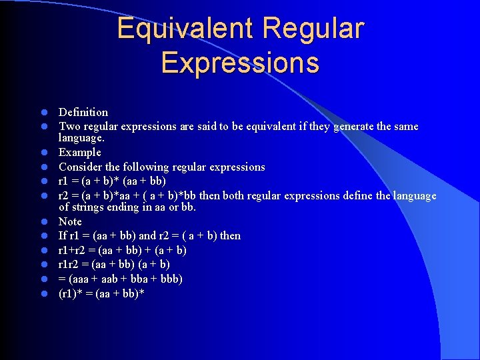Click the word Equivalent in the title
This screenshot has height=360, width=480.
185,29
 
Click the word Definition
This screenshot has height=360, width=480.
83,112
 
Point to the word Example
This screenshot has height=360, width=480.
79,152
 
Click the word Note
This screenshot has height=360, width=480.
70,221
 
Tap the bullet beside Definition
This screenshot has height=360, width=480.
41,113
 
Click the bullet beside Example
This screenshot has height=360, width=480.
41,153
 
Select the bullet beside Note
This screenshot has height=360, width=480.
41,222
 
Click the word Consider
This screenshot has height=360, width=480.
79,167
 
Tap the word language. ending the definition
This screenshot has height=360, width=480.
81,138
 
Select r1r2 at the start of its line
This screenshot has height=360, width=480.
69,264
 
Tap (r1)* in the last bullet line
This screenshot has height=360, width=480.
71,293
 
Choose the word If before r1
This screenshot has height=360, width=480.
63,235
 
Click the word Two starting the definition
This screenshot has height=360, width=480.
69,126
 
